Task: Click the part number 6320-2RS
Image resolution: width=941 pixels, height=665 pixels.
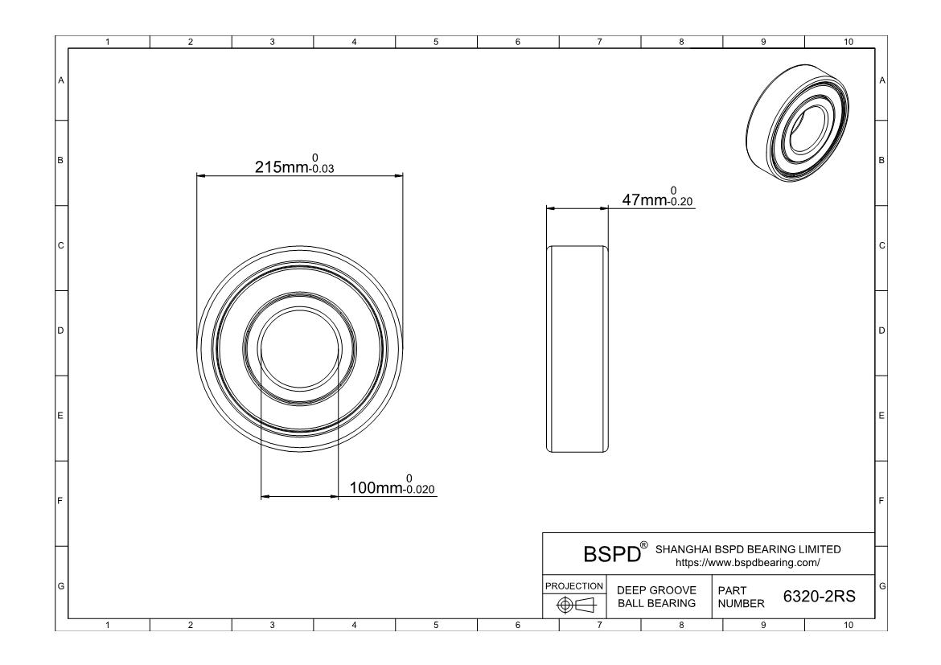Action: (820, 596)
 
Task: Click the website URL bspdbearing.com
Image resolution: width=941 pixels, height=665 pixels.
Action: (748, 563)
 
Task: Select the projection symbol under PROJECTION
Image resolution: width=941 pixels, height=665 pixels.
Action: (576, 605)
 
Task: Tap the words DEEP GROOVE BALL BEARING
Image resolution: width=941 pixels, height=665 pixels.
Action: (656, 597)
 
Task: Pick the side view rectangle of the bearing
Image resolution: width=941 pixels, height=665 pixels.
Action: (577, 349)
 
